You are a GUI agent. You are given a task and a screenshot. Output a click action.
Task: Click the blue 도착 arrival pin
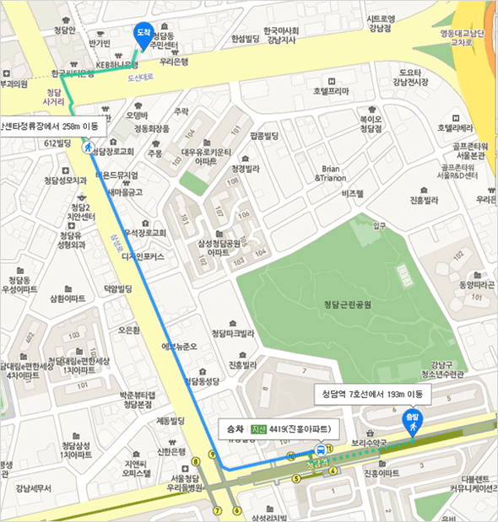[143, 33]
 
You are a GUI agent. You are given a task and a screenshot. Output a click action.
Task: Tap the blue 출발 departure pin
[412, 419]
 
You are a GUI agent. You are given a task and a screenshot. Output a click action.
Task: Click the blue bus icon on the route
[319, 450]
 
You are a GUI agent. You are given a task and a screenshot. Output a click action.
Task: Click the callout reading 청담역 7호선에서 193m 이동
[372, 394]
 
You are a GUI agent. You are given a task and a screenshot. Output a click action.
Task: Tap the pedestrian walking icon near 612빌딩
[87, 147]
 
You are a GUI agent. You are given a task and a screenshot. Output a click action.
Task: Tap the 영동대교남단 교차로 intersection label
[463, 37]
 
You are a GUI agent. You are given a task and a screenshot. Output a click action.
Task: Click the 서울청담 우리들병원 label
[183, 483]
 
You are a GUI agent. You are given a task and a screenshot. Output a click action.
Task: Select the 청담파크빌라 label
[232, 333]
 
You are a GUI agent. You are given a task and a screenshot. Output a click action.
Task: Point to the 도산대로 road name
[142, 77]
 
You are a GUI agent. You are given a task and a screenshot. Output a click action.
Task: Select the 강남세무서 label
[33, 487]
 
